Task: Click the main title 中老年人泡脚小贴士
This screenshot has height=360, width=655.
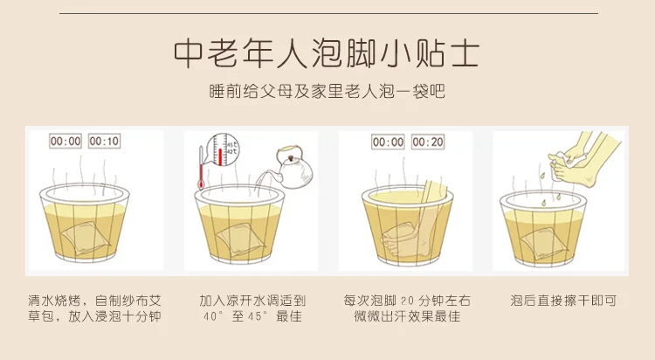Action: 327,54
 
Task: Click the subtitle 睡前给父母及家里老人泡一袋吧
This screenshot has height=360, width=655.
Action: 327,92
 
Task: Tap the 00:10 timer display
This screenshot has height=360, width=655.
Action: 104,142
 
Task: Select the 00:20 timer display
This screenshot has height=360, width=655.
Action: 428,142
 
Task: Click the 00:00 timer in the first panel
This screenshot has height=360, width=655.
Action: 65,142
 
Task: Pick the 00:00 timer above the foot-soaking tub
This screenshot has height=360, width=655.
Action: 388,142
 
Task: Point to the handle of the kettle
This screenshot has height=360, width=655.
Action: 288,150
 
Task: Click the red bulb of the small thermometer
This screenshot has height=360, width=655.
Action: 201,184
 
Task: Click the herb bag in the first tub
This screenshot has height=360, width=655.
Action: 86,239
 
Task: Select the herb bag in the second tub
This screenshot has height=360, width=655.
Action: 241,239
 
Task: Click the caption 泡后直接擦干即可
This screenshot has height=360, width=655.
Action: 563,301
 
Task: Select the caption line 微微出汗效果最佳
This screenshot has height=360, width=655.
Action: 407,316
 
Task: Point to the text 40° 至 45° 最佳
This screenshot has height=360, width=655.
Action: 252,316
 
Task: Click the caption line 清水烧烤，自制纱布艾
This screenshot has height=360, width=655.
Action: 95,301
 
